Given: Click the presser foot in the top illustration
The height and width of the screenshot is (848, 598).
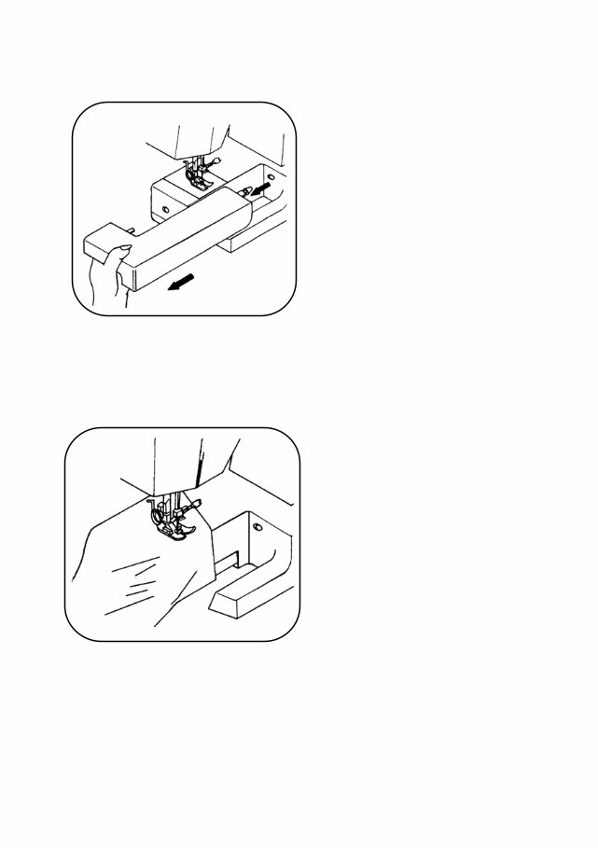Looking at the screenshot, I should [x=198, y=179].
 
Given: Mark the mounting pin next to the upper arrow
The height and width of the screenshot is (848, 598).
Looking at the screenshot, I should [x=245, y=193].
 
